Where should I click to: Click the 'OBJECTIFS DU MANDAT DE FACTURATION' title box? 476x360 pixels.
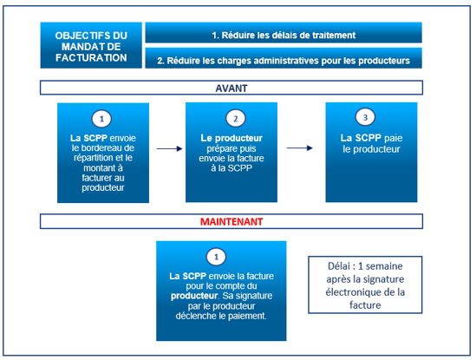click(91, 45)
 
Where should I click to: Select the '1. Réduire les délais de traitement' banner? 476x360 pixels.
click(284, 32)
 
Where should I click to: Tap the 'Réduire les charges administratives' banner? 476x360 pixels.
click(284, 58)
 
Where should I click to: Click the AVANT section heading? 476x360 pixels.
click(231, 88)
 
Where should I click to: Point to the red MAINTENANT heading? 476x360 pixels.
click(231, 222)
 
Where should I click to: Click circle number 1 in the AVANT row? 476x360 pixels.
click(101, 119)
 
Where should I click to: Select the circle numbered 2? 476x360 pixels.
click(236, 119)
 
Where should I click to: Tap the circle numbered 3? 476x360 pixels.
click(365, 117)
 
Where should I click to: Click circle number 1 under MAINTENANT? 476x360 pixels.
click(216, 257)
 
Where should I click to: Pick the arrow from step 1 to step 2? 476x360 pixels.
click(169, 148)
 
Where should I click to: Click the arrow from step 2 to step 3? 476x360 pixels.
click(300, 148)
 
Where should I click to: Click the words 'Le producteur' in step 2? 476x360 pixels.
click(231, 138)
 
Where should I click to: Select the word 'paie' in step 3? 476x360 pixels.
click(393, 139)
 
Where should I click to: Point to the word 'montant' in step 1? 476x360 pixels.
click(99, 168)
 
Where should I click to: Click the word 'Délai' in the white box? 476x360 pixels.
click(339, 266)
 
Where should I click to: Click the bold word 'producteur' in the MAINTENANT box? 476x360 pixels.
click(194, 296)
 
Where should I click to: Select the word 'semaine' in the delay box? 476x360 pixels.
click(384, 266)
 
